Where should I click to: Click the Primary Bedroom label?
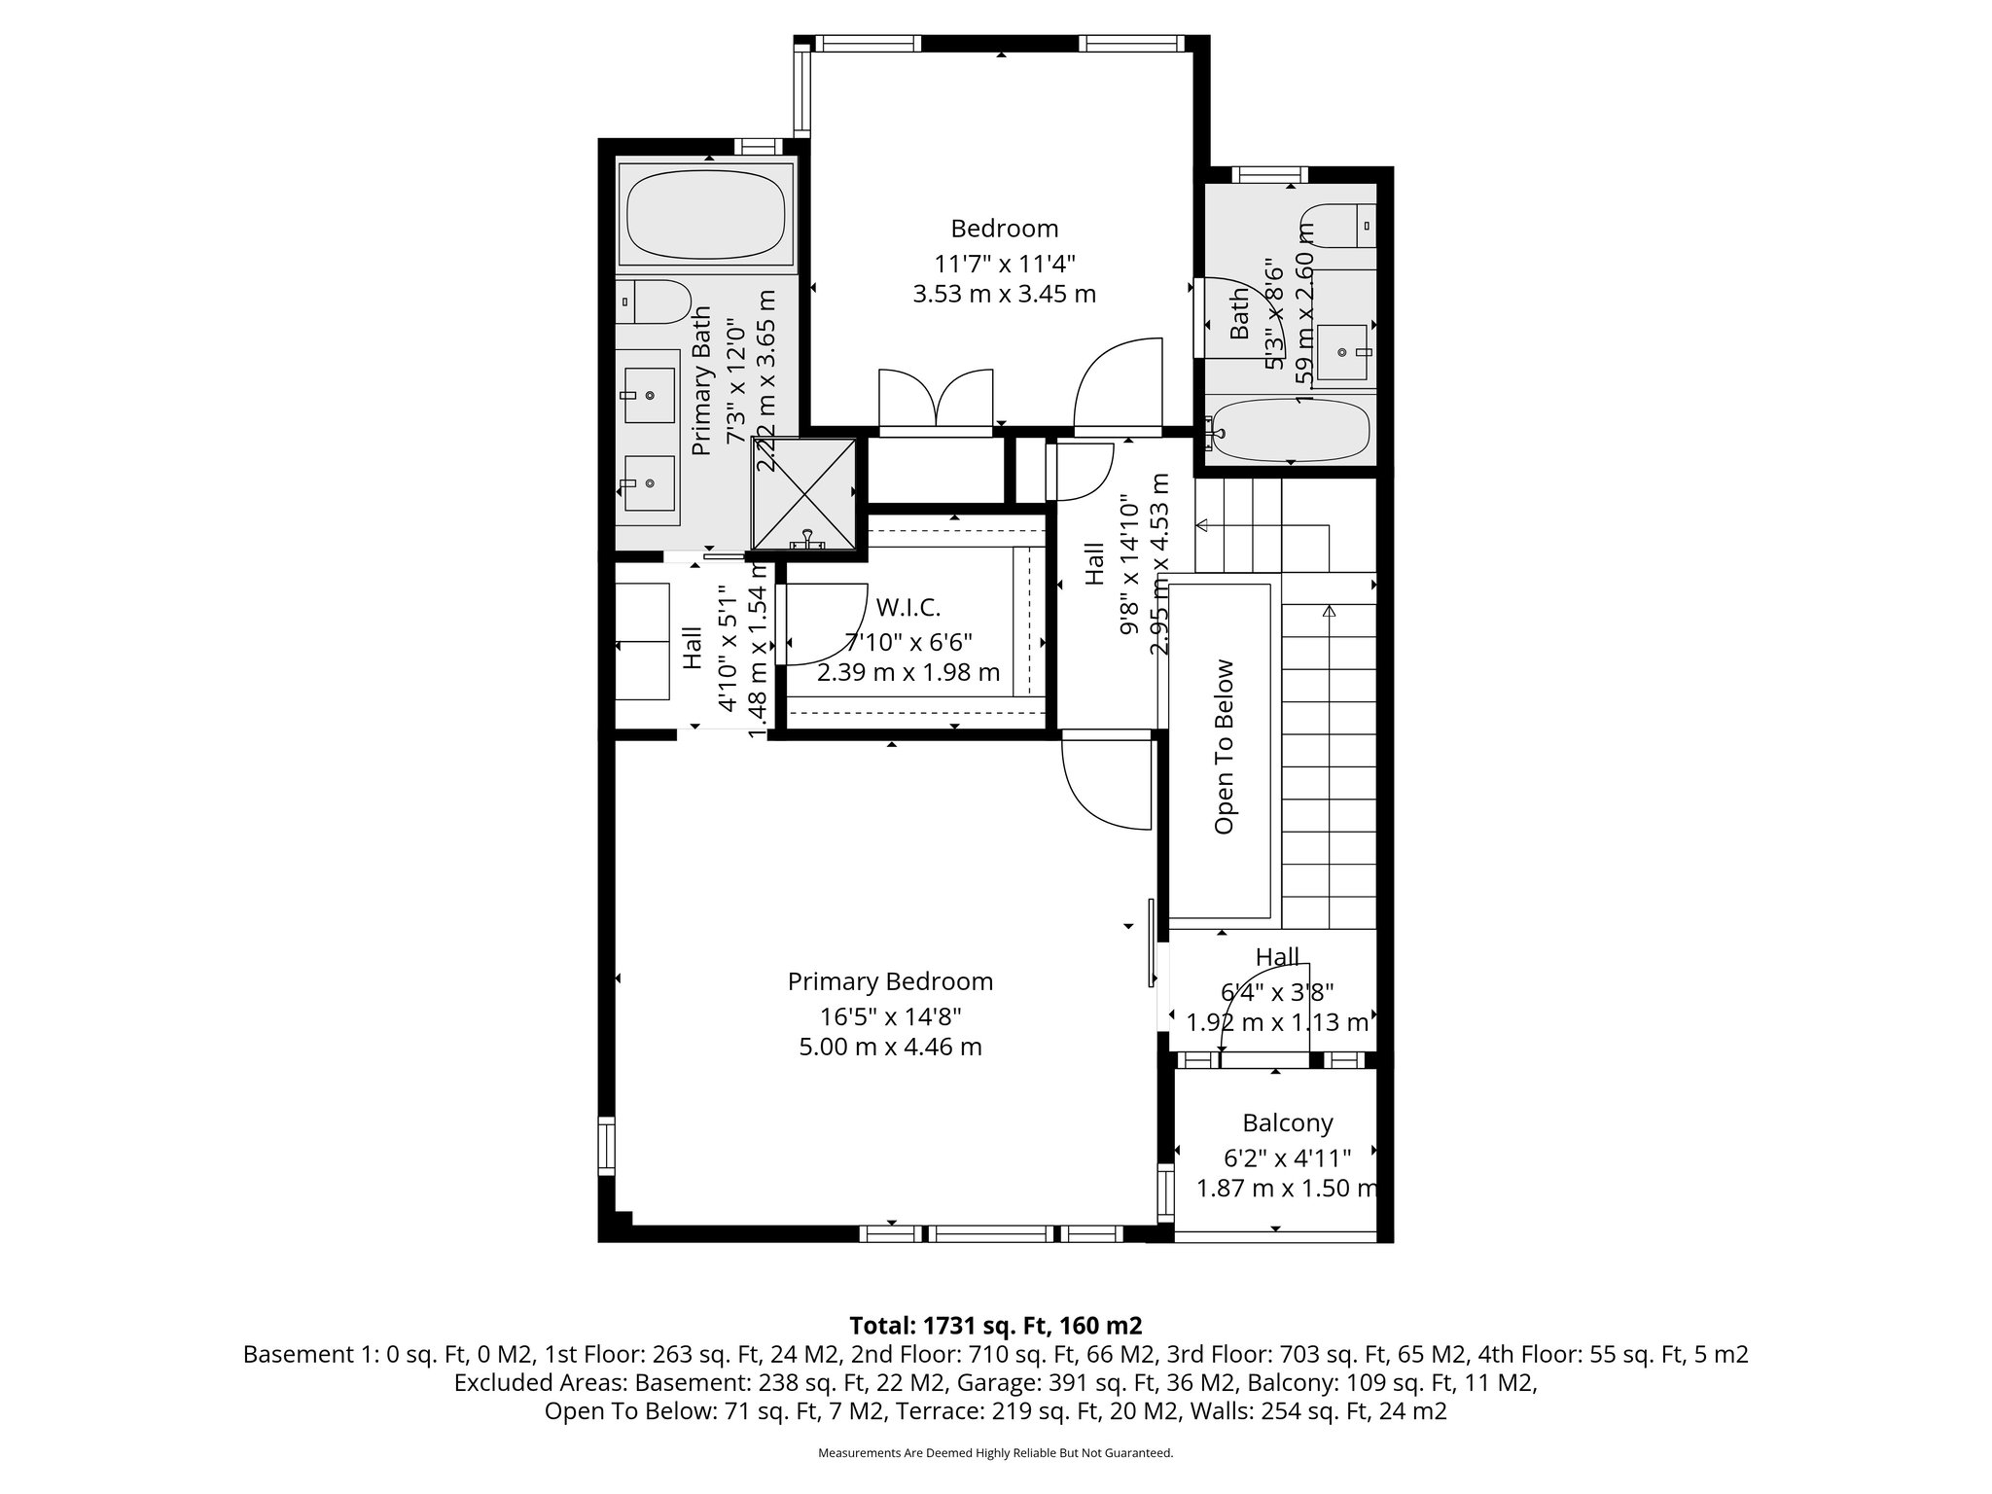pyautogui.click(x=890, y=981)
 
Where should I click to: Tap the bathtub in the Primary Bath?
pyautogui.click(x=706, y=214)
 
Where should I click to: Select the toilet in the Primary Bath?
pyautogui.click(x=657, y=302)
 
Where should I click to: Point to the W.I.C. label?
pyautogui.click(x=908, y=608)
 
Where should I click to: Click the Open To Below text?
pyautogui.click(x=1225, y=747)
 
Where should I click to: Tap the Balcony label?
pyautogui.click(x=1287, y=1123)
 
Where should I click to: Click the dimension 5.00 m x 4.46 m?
pyautogui.click(x=890, y=1048)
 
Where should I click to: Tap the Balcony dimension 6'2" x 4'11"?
pyautogui.click(x=1287, y=1158)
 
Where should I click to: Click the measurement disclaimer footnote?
pyautogui.click(x=995, y=1453)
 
